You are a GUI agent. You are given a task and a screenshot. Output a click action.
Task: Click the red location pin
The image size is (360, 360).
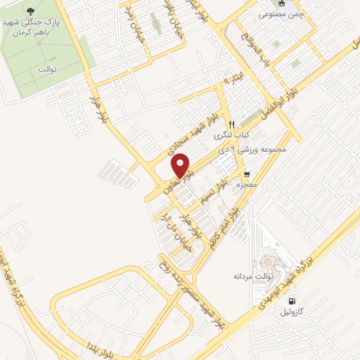tap(182, 165)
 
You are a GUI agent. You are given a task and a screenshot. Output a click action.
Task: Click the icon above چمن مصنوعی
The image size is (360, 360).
tap(283, 4)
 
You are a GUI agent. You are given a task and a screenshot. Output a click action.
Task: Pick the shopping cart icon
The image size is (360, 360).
tap(246, 174)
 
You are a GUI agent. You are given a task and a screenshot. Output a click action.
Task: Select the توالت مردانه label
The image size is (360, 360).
tap(252, 276)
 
